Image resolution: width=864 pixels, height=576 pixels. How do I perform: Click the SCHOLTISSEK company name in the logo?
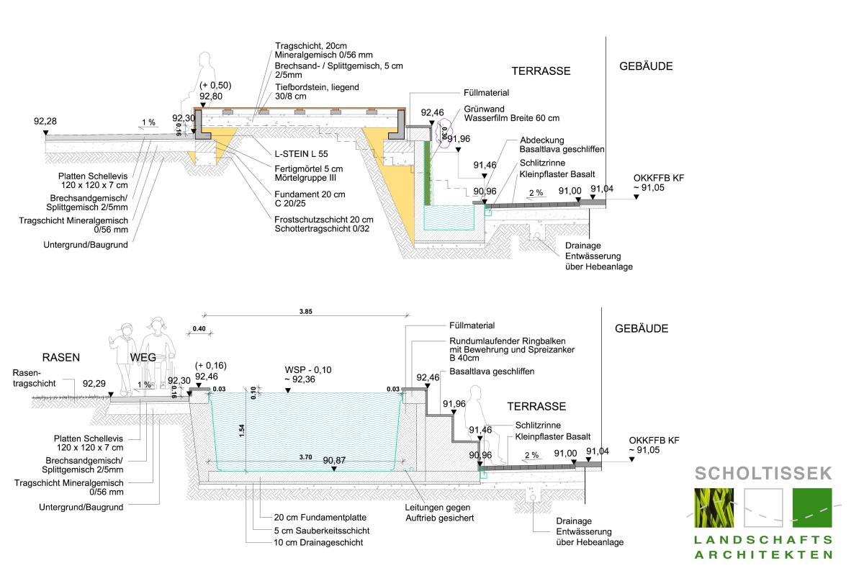click(x=763, y=474)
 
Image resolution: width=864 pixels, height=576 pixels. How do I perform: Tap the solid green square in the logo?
click(x=811, y=508)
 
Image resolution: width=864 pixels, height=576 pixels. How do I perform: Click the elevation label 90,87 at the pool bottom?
click(x=334, y=460)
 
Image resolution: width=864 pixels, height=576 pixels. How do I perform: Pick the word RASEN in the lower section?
click(x=61, y=357)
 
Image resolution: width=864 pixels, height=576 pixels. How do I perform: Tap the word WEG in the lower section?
click(x=143, y=357)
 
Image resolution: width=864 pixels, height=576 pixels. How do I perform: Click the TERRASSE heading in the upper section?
click(x=541, y=71)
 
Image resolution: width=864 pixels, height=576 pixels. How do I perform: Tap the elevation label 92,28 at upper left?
click(x=45, y=121)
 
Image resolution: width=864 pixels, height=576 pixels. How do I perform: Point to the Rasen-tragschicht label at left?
click(x=35, y=378)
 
